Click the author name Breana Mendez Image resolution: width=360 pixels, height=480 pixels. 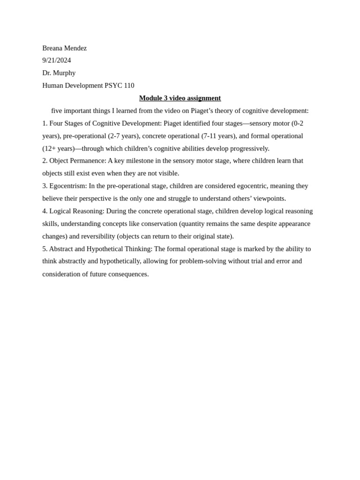coord(64,48)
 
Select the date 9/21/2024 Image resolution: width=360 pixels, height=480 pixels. coord(56,60)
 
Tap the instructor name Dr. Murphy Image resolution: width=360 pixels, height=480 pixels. coord(59,73)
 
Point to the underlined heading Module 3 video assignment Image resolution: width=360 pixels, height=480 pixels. coord(180,98)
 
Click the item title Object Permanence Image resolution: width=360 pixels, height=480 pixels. coord(77,161)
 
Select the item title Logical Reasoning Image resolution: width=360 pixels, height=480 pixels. coord(76,211)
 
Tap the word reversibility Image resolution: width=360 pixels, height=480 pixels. coord(98,236)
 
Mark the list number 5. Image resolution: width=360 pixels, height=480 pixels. coord(45,249)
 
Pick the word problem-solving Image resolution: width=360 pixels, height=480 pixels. coord(187,261)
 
